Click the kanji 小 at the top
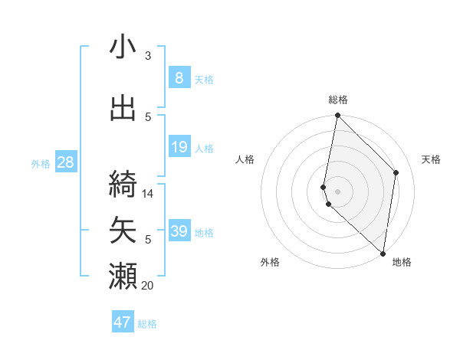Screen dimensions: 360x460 (x=123, y=47)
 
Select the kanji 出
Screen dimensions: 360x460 (x=123, y=109)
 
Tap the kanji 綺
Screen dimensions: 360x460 (x=123, y=182)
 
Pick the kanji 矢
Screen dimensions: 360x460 (x=123, y=229)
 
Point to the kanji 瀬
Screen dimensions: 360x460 (x=123, y=276)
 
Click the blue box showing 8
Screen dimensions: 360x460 (x=179, y=78)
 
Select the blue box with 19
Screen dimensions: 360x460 (x=179, y=147)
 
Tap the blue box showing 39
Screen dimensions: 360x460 (x=179, y=231)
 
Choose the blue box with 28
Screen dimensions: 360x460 (x=65, y=162)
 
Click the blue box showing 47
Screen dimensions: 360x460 (x=123, y=322)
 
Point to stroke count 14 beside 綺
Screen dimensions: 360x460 (x=148, y=194)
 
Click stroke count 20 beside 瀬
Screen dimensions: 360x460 (x=148, y=286)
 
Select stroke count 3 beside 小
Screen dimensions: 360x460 (x=148, y=56)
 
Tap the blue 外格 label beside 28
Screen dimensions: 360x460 (x=40, y=163)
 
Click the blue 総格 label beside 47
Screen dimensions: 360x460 (x=147, y=324)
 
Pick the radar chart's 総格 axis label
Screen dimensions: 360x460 (x=337, y=100)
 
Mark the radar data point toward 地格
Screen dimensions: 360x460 (x=383, y=254)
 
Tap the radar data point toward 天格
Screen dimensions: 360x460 (x=396, y=172)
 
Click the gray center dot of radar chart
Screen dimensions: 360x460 (x=337, y=191)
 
